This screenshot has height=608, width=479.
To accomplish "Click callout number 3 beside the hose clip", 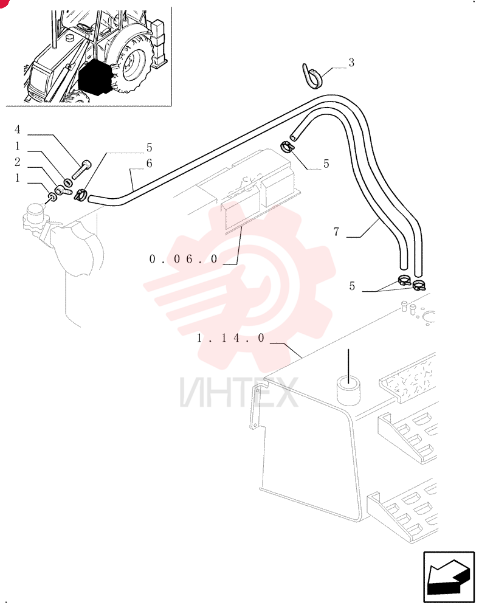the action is coord(351,63).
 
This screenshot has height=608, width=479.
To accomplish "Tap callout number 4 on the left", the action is coord(17,129).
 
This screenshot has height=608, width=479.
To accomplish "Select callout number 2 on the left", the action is coord(17,162).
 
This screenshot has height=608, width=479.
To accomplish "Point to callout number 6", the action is coord(149,163).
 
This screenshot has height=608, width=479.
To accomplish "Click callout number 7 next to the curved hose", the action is coord(336,232).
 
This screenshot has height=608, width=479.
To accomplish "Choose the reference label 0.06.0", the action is coord(184,259).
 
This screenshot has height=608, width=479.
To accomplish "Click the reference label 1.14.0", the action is coord(230,338).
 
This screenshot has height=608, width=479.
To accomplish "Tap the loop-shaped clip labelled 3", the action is coord(312,77).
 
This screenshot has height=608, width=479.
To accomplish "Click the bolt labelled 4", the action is coord(81,169).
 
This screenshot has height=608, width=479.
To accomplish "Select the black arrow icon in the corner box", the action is coord(449,577).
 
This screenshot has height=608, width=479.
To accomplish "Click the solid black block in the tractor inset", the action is coord(95,77).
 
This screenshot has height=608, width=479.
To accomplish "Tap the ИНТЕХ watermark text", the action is coord(239,392).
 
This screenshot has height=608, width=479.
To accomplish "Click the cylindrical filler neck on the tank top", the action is coord(349,390).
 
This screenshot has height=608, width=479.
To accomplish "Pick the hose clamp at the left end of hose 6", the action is coord(80,195).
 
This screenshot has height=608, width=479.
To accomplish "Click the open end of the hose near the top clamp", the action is coord(294,137).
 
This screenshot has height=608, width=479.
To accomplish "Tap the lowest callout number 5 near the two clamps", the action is coord(352,286).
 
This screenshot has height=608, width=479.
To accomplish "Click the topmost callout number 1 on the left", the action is coord(17,146).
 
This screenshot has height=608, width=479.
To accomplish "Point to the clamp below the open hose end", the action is coord(286,147).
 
